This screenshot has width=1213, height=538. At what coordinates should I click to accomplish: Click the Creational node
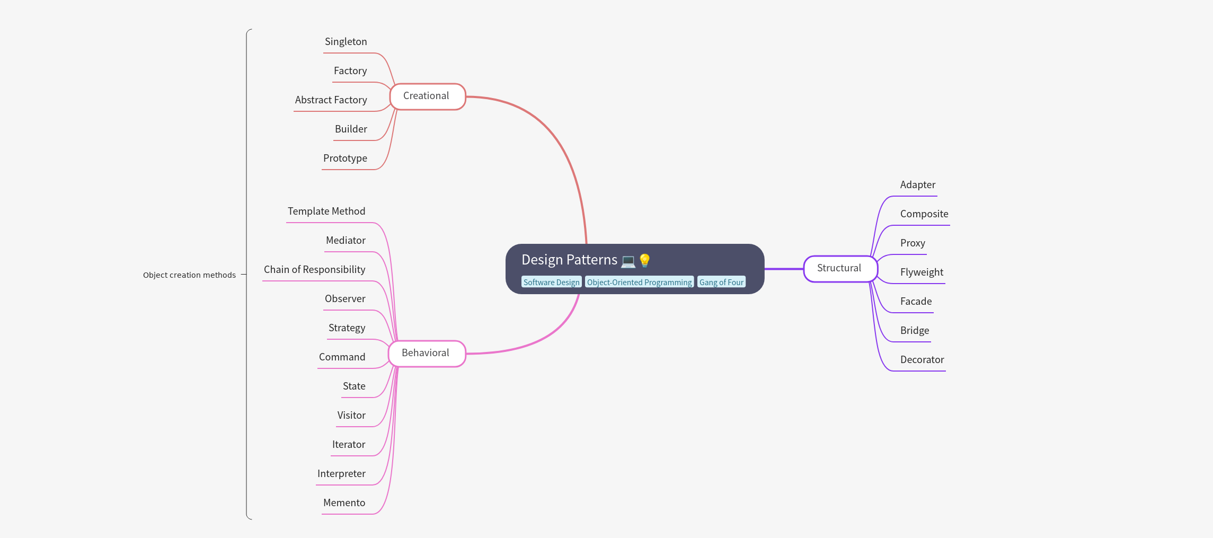coord(427,96)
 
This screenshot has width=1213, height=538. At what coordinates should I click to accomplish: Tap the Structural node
coord(840,269)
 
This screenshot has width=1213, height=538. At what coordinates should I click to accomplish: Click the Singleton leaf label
coord(346,42)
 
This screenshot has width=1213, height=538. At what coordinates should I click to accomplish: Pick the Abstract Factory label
coord(331,100)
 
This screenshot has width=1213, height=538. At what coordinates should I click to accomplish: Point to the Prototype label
coord(345,158)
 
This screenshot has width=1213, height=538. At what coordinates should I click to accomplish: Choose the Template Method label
coord(326,211)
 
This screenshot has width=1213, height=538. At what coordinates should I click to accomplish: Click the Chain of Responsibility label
coord(314,270)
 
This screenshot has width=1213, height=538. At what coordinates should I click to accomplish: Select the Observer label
coord(345,299)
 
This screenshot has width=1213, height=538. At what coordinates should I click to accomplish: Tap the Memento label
coord(344,503)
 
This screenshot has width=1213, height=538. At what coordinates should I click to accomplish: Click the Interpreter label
coord(341,474)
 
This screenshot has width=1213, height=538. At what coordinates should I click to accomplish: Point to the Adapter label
coord(917,185)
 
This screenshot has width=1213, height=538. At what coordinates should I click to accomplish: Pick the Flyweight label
coord(922,272)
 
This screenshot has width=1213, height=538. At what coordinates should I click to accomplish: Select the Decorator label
coord(922,360)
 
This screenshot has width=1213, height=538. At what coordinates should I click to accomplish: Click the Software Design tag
coord(551,282)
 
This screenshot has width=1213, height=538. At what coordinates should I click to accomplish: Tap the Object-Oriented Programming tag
coord(639,282)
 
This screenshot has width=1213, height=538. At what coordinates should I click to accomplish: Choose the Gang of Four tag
coord(721,282)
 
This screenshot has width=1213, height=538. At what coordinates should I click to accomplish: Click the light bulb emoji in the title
coord(644,260)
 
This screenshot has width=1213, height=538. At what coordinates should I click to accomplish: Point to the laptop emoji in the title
coord(628,261)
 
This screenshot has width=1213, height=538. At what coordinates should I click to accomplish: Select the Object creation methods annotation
coord(189,275)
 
